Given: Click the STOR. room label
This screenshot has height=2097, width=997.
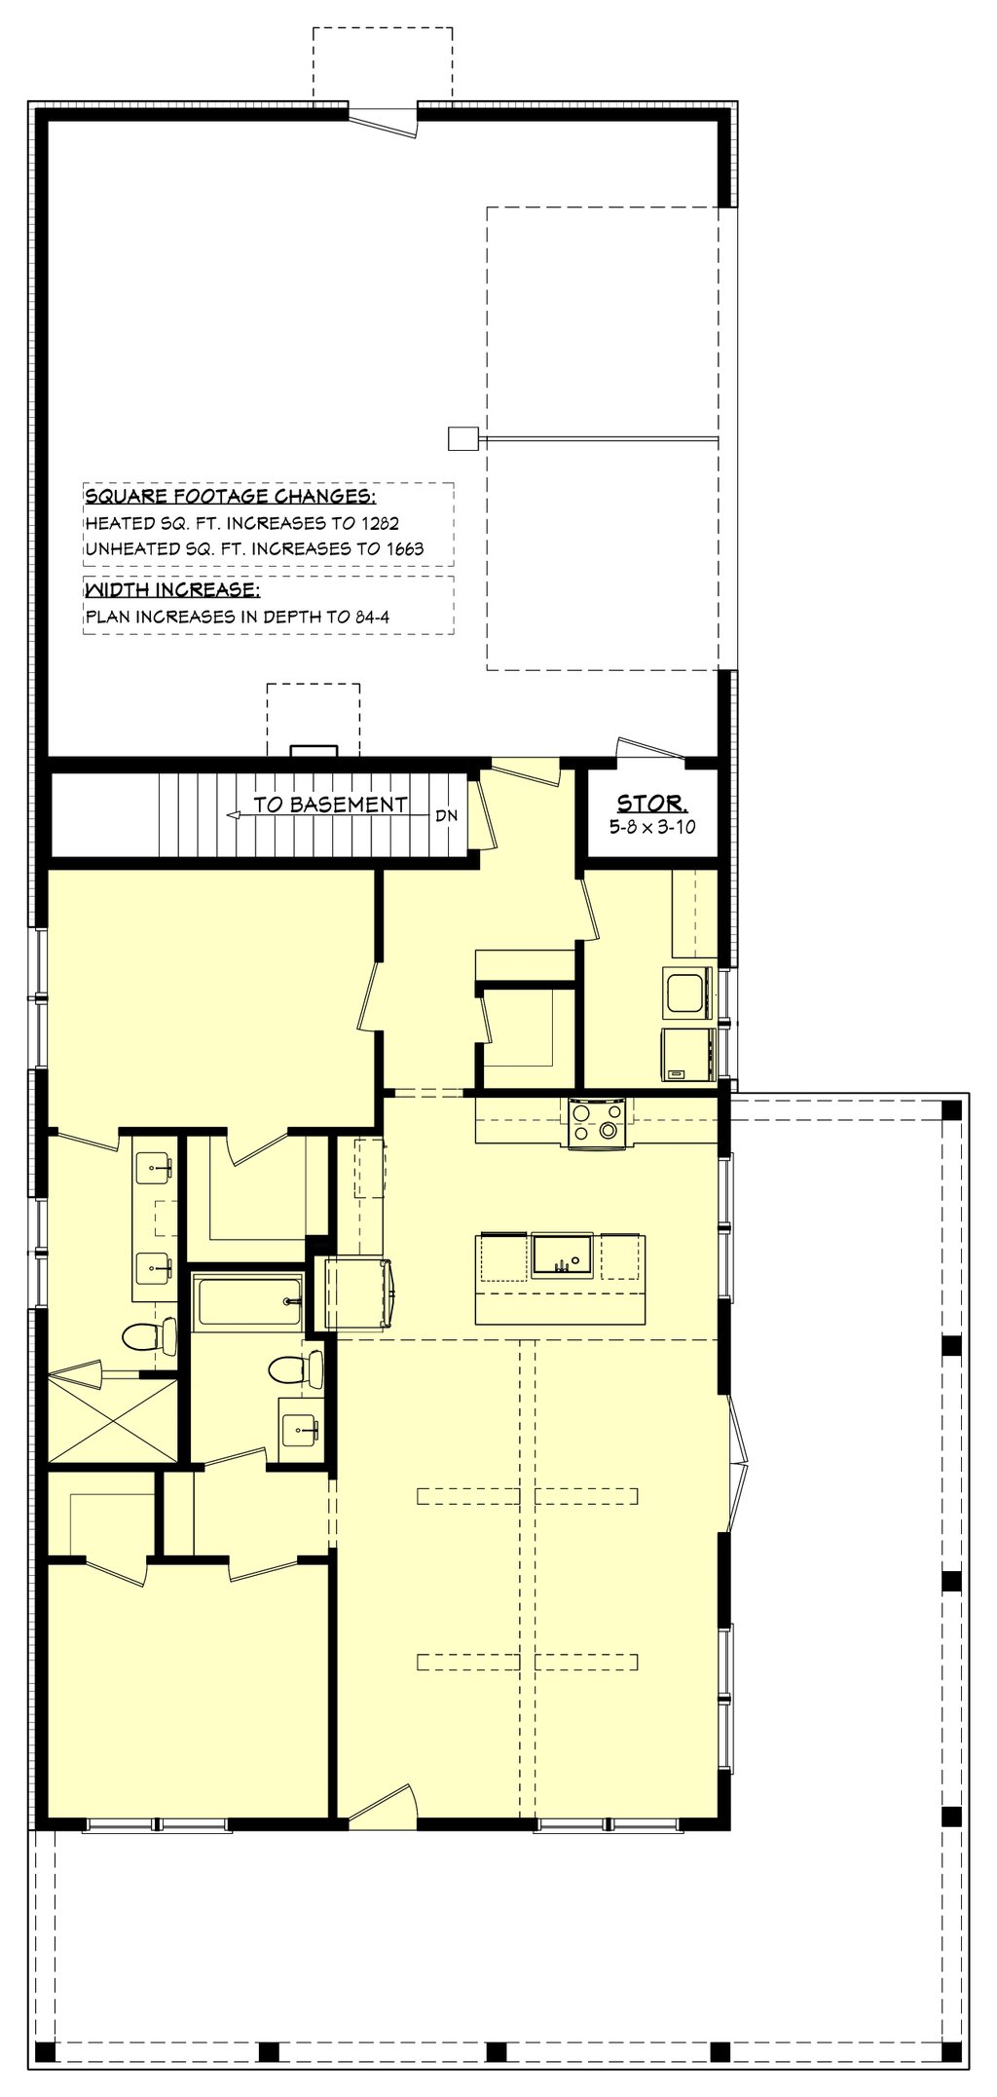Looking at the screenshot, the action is (x=651, y=804).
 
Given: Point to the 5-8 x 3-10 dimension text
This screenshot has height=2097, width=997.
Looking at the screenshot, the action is (x=652, y=827).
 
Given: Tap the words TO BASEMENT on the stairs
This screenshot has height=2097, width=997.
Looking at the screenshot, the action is (x=331, y=805).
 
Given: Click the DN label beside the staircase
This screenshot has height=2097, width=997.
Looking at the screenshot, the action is (x=446, y=815).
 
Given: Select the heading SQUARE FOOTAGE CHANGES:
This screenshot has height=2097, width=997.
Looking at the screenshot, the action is (x=230, y=497).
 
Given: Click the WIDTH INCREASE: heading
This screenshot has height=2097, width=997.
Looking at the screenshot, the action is (x=172, y=590).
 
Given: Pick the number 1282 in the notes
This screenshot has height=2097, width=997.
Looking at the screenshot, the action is (x=380, y=523).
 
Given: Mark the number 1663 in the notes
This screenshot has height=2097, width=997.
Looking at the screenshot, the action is (x=405, y=548).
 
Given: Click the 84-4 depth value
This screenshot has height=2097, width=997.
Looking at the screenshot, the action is (x=372, y=617).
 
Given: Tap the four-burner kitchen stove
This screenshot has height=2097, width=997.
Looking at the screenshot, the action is (x=597, y=1123).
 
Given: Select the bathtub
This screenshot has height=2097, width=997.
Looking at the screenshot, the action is (x=249, y=1301).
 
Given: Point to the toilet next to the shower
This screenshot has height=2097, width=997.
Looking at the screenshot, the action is (x=150, y=1335).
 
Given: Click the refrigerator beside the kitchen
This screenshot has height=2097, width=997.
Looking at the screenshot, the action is (x=358, y=1293).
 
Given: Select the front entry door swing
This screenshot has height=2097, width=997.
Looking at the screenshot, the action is (x=384, y=1803).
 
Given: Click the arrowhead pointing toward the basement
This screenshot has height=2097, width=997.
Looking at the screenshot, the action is (x=233, y=815).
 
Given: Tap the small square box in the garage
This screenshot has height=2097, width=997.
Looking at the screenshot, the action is (x=462, y=438).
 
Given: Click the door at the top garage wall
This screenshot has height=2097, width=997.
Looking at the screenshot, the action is (x=383, y=122).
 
